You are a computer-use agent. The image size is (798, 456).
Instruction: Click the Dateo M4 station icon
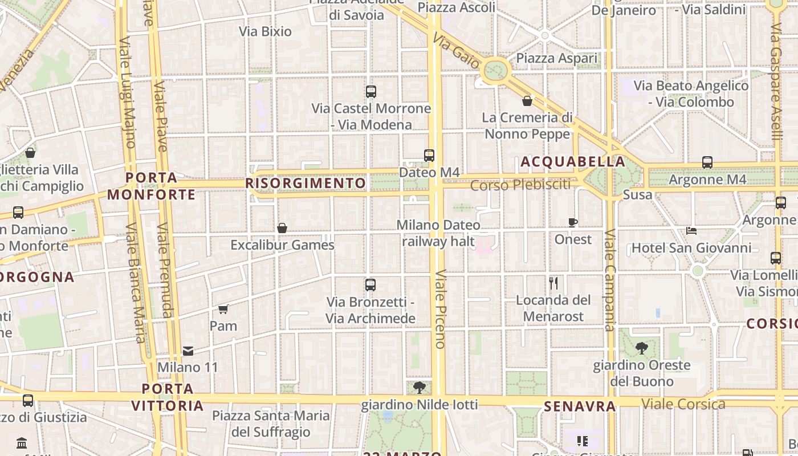[429, 155]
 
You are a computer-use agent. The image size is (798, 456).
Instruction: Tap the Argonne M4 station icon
[707, 162]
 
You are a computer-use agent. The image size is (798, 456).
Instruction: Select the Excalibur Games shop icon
[282, 228]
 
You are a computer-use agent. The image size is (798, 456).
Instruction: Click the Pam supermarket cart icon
[223, 309]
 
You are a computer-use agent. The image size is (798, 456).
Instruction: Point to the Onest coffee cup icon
[573, 222]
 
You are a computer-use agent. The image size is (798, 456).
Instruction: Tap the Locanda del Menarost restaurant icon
[553, 283]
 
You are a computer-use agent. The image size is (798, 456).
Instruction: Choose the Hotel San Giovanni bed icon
[691, 231]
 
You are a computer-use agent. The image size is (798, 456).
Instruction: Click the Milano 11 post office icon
[188, 351]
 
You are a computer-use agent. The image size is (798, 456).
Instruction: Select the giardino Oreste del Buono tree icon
[641, 348]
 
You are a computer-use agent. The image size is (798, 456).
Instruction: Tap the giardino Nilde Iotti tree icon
[420, 388]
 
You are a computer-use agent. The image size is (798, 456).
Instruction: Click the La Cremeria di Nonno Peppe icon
[527, 101]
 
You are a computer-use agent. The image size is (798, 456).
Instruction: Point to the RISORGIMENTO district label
[306, 183]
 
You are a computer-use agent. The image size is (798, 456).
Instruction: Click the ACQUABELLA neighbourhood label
[573, 162]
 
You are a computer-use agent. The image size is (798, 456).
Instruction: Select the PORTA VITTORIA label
[168, 397]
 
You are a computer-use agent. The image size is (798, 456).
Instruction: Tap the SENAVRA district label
[580, 406]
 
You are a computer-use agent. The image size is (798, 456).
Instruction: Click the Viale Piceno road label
[440, 308]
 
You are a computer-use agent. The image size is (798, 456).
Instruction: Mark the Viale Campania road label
[609, 280]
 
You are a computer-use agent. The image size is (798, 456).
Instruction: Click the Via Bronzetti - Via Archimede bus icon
[370, 284]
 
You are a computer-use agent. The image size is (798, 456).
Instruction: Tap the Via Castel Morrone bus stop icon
[371, 91]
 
